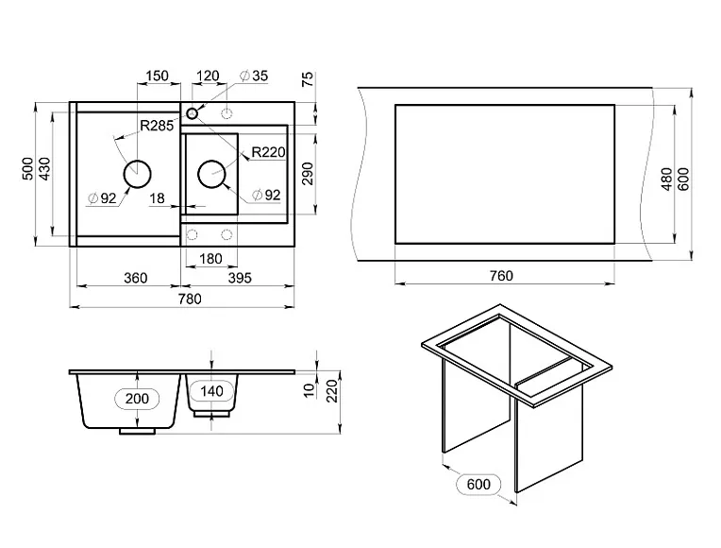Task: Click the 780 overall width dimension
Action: tap(190, 299)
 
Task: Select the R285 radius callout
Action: tap(157, 126)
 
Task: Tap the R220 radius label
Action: tap(269, 152)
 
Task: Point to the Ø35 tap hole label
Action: tap(254, 76)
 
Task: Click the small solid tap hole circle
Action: tap(192, 112)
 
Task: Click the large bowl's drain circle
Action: tap(137, 174)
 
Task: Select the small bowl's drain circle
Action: tap(211, 174)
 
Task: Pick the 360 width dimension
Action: tap(136, 278)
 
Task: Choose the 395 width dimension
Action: tap(240, 278)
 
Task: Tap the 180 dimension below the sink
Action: tap(210, 259)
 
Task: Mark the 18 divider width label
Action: tap(157, 198)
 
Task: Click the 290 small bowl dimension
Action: tap(309, 174)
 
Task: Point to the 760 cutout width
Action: tap(501, 276)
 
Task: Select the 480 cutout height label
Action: tap(667, 179)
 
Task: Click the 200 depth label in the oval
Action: tap(137, 399)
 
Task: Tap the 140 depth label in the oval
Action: tap(211, 391)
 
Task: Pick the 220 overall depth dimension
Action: tap(332, 390)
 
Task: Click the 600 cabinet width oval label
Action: tap(478, 485)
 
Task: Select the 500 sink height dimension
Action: tap(28, 169)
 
